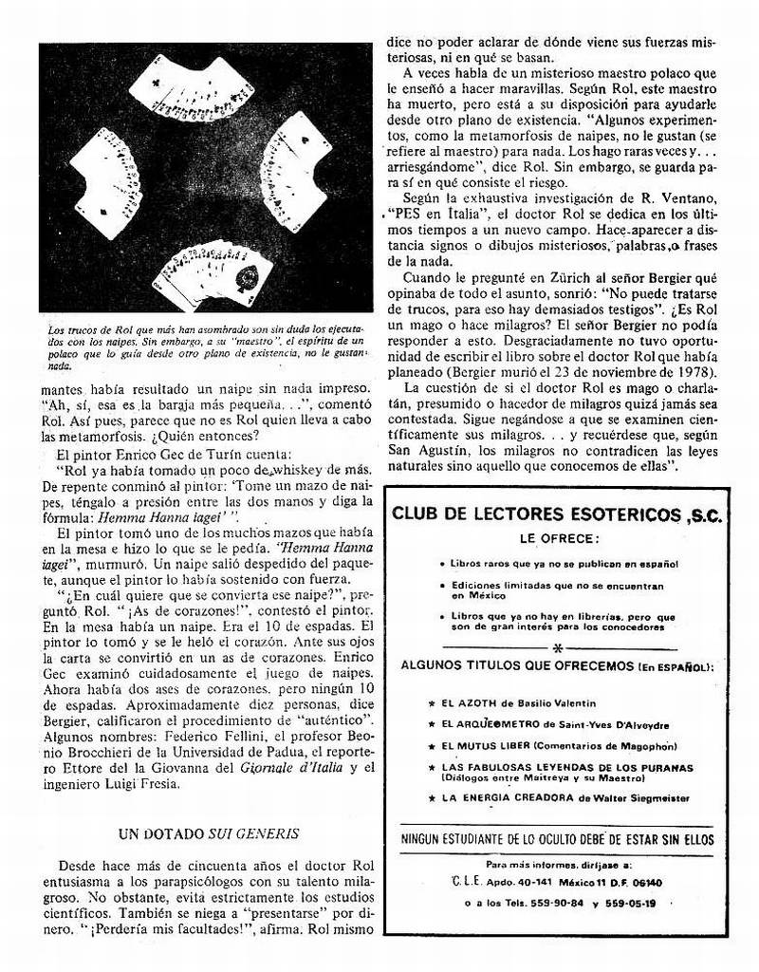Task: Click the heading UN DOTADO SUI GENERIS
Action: click(209, 833)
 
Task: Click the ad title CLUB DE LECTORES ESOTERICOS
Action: click(556, 515)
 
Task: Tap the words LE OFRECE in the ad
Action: click(558, 538)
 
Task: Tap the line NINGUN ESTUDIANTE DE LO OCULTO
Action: click(558, 839)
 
